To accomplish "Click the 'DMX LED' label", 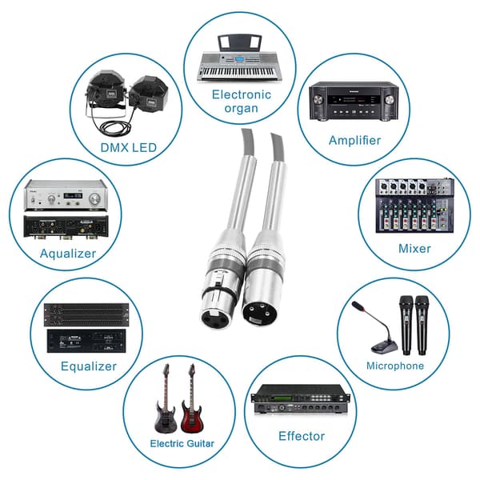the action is tap(129, 148).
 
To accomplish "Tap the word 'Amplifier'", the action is tap(354, 141).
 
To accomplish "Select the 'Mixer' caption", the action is tap(414, 248).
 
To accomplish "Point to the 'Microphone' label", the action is tap(395, 366).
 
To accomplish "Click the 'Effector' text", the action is tap(302, 436).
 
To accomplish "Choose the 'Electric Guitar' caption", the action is tap(182, 443).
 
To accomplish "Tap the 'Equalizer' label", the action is tap(89, 366).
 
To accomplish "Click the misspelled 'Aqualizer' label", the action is tap(68, 254).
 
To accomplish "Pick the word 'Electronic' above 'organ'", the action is tap(242, 94).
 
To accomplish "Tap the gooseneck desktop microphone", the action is tap(378, 328).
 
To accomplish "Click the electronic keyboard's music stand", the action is tap(239, 43).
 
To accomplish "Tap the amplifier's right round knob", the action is tap(390, 100).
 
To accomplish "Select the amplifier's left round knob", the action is tap(318, 100).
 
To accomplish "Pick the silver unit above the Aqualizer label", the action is tap(66, 195).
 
